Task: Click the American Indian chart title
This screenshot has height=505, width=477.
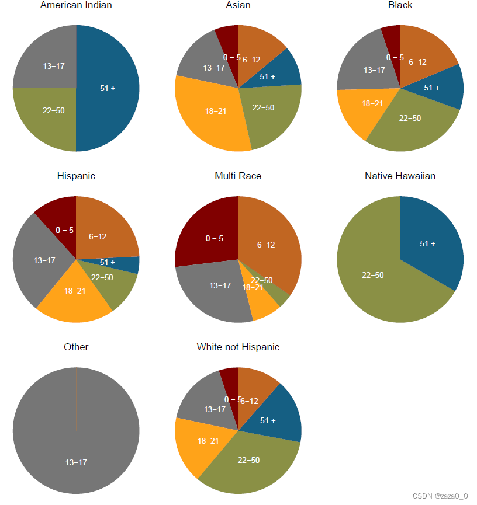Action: point(76,5)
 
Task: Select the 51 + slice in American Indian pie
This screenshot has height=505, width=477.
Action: point(108,88)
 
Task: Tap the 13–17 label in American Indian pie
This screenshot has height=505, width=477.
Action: point(54,66)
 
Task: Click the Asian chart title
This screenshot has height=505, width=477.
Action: point(238,5)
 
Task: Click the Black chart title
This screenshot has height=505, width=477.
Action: point(400,5)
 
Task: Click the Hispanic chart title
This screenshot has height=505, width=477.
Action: point(76,176)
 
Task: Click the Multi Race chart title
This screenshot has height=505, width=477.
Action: point(238,176)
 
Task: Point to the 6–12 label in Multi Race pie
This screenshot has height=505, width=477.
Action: point(266,245)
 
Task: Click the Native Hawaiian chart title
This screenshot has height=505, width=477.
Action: point(400,176)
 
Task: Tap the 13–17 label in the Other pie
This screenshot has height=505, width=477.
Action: point(76,462)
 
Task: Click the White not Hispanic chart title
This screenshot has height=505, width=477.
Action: point(238,347)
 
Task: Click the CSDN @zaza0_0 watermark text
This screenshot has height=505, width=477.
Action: point(440,496)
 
